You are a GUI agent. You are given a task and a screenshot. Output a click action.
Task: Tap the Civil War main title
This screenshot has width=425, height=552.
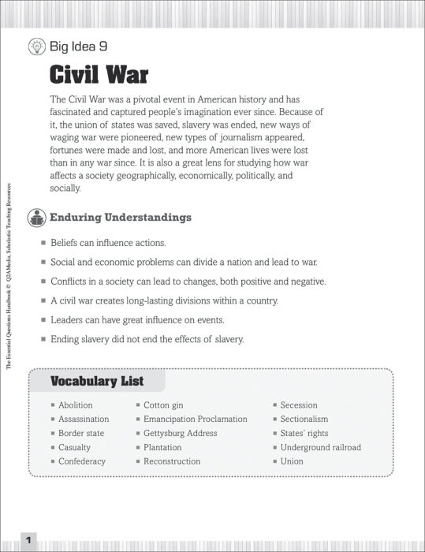[99, 76]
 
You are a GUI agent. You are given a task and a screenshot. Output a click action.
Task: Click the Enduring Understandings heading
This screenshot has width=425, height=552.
[121, 217]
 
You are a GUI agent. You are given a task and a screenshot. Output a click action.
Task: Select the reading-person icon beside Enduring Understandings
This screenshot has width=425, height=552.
[36, 217]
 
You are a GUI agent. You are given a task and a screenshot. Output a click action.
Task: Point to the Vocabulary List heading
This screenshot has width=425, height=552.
[97, 382]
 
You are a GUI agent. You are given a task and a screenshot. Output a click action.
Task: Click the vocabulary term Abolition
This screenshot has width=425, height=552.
[75, 405]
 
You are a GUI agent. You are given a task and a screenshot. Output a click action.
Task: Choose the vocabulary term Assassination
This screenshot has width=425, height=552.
[84, 420]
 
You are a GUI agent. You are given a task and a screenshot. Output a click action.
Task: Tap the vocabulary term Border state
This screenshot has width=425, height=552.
[81, 434]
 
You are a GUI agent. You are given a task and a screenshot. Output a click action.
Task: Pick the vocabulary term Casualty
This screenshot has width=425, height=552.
[74, 448]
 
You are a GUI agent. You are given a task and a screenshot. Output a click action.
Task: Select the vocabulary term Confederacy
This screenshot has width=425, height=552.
[81, 461]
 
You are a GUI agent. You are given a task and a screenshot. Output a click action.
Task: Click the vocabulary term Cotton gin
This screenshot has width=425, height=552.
[163, 405]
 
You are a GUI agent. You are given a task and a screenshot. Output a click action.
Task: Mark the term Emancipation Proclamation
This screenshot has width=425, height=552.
[195, 420]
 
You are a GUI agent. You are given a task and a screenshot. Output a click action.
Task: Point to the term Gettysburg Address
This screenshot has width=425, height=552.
[180, 434]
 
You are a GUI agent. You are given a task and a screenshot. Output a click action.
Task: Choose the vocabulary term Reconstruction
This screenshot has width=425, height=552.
[172, 461]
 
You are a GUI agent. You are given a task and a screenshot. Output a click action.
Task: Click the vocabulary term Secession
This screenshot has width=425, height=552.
[299, 405]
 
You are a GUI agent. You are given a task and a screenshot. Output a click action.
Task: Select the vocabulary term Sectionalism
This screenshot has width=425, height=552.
[304, 420]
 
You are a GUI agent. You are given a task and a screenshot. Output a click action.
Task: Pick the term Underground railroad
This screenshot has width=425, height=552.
[321, 448]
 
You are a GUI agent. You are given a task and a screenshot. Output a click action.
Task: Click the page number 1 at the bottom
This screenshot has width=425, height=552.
[28, 540]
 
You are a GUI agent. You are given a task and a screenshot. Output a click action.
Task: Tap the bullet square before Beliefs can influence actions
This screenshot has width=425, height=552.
[43, 243]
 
